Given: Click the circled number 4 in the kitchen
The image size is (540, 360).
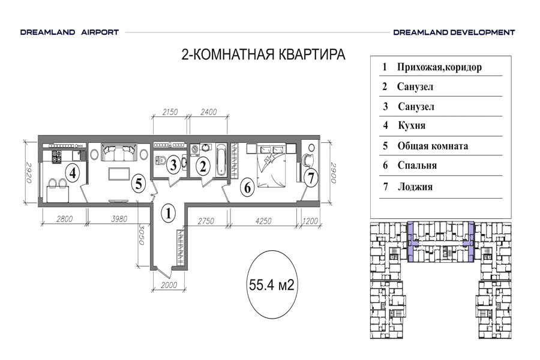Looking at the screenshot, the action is (73, 173).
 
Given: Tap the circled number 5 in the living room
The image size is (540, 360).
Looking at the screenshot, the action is (139, 183).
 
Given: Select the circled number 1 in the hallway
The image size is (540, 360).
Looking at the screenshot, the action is (169, 213).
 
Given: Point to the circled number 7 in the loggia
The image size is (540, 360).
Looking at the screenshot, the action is (311, 178).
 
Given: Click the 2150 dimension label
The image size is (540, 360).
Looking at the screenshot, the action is (170, 112).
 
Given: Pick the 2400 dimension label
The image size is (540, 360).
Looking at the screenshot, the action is (209, 112).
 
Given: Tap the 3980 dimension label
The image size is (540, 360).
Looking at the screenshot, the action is (119, 219).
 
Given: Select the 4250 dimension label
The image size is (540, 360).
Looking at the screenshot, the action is (263, 221).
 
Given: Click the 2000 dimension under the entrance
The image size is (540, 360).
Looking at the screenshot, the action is (169, 285).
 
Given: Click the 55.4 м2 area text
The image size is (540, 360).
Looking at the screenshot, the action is (272, 285).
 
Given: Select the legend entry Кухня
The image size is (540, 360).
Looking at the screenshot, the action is (412, 125).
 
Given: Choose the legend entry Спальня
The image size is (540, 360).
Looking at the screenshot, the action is (417, 166).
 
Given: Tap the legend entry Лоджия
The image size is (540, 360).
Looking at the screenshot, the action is (415, 187).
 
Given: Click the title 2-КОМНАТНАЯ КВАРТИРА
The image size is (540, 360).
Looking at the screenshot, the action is (263, 55).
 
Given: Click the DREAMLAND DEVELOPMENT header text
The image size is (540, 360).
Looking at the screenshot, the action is (454, 32).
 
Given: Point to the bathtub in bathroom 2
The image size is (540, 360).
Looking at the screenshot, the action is (221, 160).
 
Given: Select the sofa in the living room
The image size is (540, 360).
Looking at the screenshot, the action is (119, 152).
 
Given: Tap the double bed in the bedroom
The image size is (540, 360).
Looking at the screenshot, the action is (271, 166).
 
